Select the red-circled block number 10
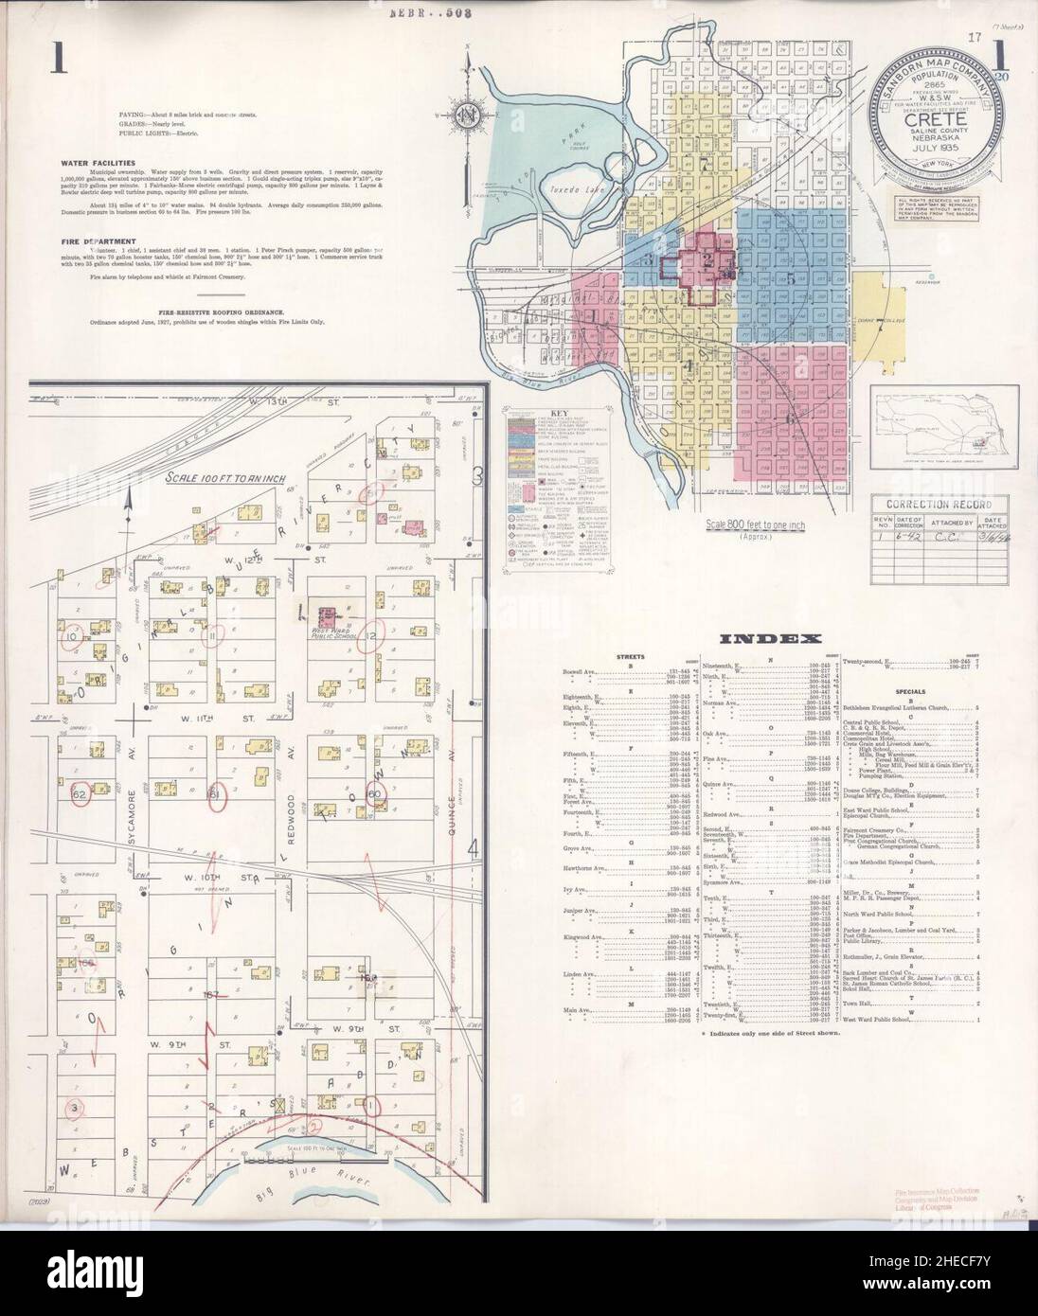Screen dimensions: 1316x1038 pyautogui.click(x=71, y=638)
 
